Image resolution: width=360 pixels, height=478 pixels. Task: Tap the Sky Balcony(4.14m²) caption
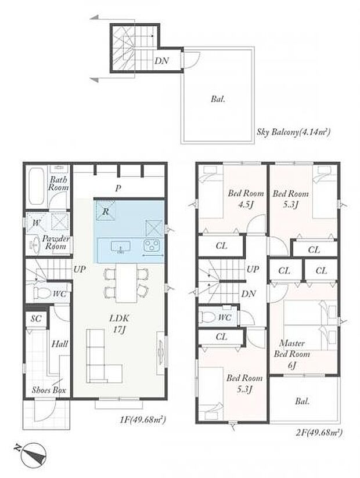pos(293,132)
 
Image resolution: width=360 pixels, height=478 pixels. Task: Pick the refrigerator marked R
pos(105,212)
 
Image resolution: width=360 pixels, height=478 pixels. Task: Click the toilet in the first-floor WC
pos(42,292)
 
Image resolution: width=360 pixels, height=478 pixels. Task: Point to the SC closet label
pos(35,319)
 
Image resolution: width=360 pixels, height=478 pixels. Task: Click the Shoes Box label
pos(49,390)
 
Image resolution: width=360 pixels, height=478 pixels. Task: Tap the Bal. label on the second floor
pos(302,401)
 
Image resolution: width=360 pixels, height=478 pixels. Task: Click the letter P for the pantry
pos(118,188)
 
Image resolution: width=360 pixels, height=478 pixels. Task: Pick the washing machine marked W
pos(36,222)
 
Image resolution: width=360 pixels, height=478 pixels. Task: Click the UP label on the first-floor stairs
pos(80,270)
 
